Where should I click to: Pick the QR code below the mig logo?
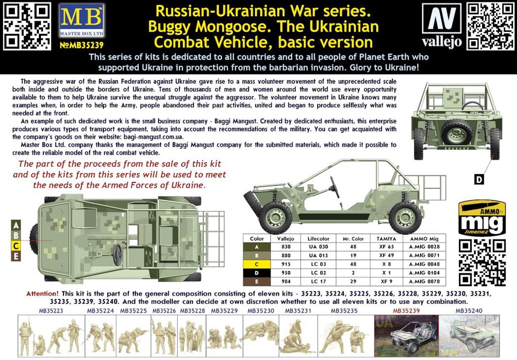482,263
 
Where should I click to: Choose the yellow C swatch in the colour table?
256,264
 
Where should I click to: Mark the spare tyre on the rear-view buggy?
457,133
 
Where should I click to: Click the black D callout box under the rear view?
480,178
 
